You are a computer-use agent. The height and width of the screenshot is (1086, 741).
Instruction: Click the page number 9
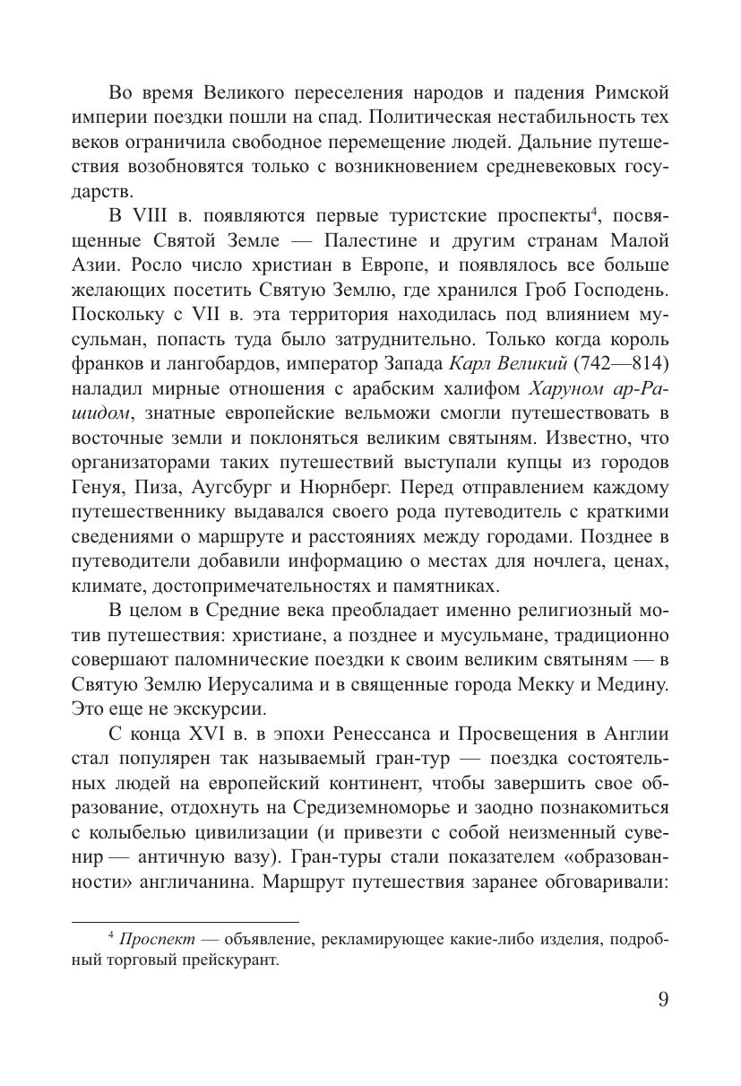pos(662,999)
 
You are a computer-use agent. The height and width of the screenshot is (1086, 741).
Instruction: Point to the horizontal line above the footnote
pos(185,921)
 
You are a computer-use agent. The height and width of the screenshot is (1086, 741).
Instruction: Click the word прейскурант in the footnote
pos(237,960)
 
